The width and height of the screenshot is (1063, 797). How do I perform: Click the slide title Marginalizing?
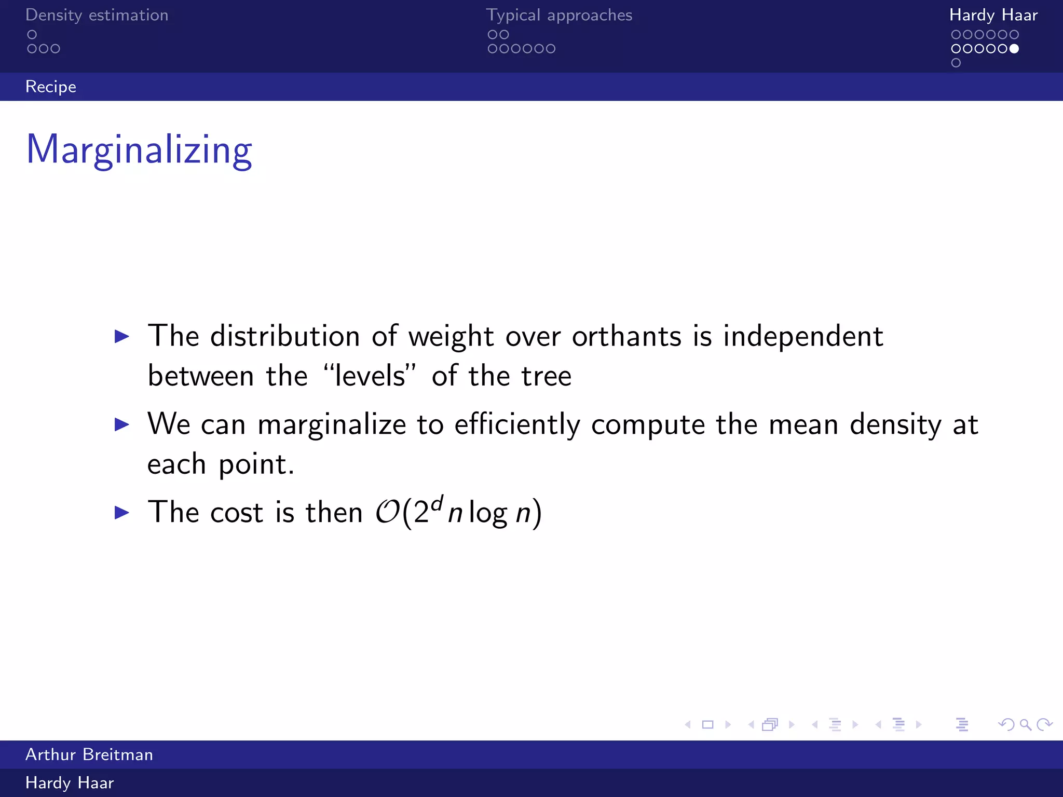(x=139, y=150)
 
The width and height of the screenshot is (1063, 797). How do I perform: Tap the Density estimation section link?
(x=97, y=15)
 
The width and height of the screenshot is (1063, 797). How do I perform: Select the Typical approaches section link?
(x=559, y=15)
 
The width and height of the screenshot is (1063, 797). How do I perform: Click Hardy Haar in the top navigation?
(x=993, y=15)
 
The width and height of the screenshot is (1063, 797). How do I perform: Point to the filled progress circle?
(x=1014, y=49)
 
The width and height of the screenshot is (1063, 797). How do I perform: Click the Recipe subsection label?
(x=51, y=87)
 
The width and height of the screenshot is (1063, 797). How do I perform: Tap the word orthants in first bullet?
(x=626, y=336)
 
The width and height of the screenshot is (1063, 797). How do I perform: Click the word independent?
(x=803, y=336)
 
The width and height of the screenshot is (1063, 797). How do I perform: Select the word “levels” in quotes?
(x=370, y=376)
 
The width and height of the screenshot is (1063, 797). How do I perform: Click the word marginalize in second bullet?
(x=332, y=424)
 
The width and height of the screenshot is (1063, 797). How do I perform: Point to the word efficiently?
(x=517, y=424)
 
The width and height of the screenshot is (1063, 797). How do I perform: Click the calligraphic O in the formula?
(x=387, y=513)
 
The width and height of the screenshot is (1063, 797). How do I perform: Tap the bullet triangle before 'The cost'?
(x=122, y=513)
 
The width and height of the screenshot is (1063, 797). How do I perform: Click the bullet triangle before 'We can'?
(x=122, y=424)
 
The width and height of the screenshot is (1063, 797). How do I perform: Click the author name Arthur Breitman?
(x=89, y=754)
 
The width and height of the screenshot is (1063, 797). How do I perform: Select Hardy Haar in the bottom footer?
(x=70, y=783)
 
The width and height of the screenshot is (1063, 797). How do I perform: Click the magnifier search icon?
(x=1025, y=724)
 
